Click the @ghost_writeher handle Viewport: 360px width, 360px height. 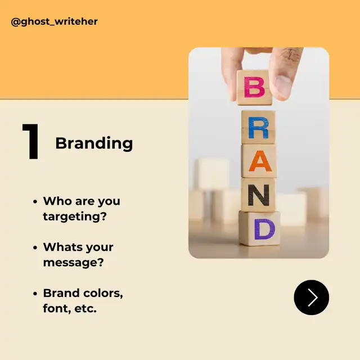(x=54, y=21)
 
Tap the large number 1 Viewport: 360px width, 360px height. (x=31, y=141)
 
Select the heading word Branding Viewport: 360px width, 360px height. (x=94, y=143)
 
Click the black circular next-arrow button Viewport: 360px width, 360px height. (x=311, y=298)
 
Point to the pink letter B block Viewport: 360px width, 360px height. (x=254, y=88)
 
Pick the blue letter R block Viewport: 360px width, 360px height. (x=258, y=128)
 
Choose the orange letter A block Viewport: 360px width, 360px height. (x=259, y=161)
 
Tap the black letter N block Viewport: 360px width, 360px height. (x=259, y=195)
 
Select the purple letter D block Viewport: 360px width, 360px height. (x=260, y=228)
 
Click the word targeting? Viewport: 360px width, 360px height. (x=75, y=217)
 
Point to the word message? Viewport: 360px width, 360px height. (x=74, y=262)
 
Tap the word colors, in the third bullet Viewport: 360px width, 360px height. (x=103, y=293)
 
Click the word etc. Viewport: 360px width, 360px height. (x=85, y=309)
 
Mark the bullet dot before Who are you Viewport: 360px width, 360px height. (x=35, y=201)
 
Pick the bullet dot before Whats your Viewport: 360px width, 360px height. (x=35, y=247)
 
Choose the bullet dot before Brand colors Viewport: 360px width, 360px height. (x=35, y=294)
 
